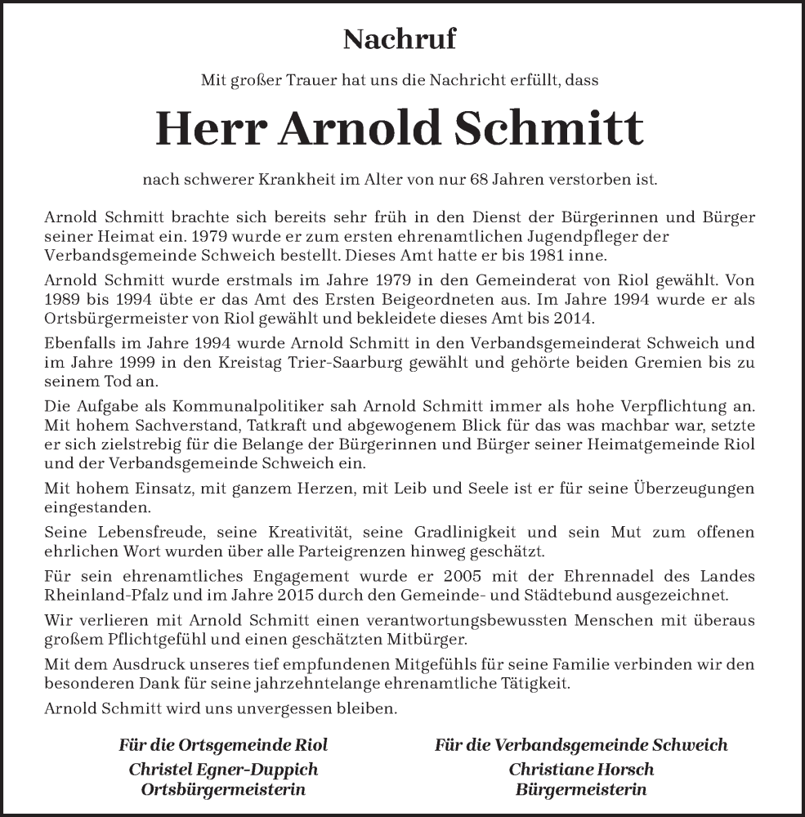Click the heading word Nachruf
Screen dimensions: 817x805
point(400,38)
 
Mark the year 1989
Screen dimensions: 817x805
point(65,300)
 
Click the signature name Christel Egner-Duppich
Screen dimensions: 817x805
point(223,770)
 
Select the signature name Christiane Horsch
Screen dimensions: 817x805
point(581,770)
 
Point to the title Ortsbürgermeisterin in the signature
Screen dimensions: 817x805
point(223,789)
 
